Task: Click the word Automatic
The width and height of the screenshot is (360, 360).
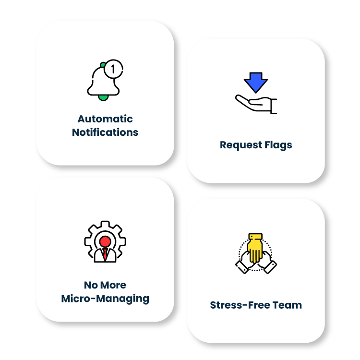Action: tap(105, 119)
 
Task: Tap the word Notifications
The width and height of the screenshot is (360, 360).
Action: tap(105, 132)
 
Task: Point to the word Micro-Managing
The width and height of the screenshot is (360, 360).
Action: tap(105, 299)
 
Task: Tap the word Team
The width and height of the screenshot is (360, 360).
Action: tap(288, 305)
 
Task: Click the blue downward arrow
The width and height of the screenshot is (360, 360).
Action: tap(255, 82)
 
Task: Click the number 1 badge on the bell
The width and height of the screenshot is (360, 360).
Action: tap(113, 69)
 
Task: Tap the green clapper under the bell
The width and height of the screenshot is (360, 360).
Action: tap(103, 97)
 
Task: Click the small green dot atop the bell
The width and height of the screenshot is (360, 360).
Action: tap(102, 65)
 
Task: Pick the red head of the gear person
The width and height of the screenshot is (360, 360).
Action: tap(105, 240)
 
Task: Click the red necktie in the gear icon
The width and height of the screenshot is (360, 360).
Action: tap(105, 254)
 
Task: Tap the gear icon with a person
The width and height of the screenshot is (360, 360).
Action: tap(105, 242)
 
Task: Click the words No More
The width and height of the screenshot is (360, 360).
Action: tap(105, 285)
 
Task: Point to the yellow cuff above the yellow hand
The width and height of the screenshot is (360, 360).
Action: tap(255, 237)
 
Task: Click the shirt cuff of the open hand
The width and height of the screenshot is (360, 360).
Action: tap(274, 106)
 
